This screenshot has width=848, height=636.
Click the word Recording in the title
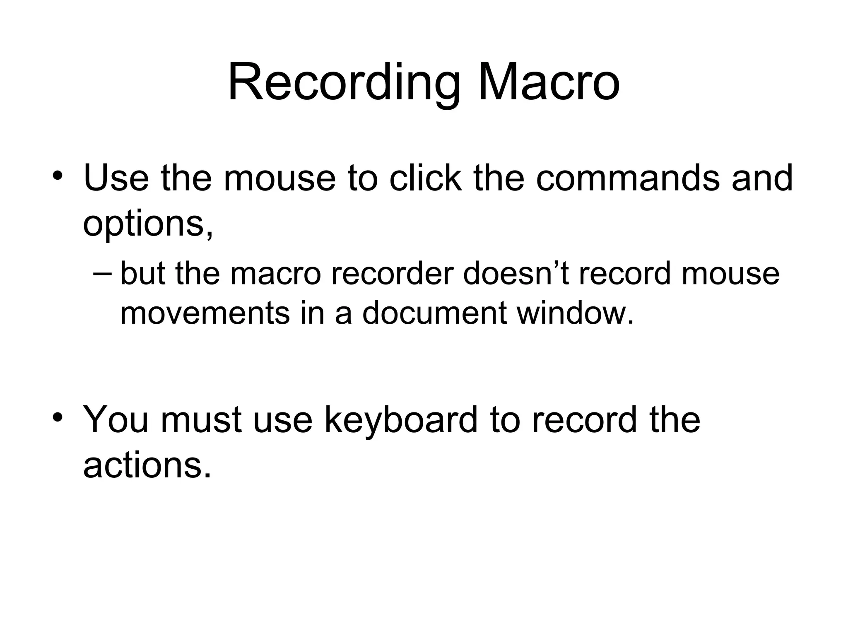[x=344, y=83]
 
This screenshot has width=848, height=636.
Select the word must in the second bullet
[x=201, y=420]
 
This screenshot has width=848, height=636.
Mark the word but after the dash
[x=142, y=274]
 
